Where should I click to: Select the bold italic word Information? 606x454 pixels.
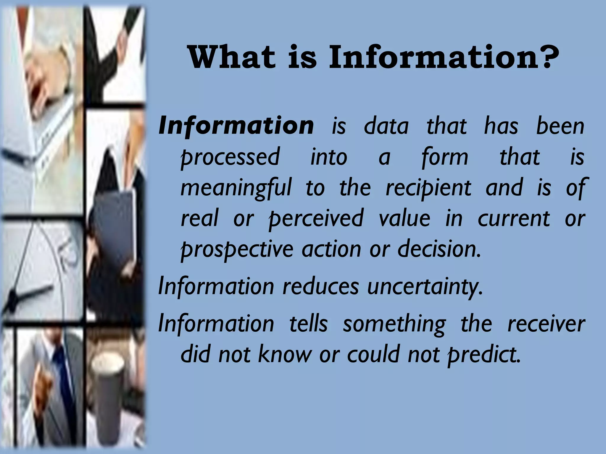click(236, 126)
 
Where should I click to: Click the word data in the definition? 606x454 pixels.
click(386, 127)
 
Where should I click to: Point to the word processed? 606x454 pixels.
click(230, 158)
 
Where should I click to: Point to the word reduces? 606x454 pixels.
click(321, 286)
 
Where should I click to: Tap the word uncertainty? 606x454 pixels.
click(425, 287)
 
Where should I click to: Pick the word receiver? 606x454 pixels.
click(546, 324)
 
